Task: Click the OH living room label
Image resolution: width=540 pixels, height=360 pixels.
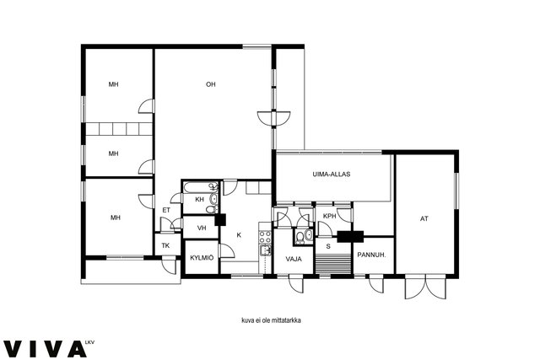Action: tap(210, 84)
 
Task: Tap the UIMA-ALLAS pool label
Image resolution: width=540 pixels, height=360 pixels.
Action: tap(332, 175)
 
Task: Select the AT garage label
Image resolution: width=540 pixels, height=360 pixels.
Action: tap(424, 218)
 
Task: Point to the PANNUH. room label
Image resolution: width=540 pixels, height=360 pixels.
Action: tap(371, 255)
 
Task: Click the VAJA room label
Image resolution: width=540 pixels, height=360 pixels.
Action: tap(294, 259)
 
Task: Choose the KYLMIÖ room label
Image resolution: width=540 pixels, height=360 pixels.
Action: tap(202, 258)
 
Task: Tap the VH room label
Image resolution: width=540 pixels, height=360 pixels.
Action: tap(202, 228)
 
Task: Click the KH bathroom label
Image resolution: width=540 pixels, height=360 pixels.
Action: tap(199, 199)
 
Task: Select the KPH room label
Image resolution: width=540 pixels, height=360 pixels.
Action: tap(330, 216)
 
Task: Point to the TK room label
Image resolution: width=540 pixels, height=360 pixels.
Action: tap(165, 245)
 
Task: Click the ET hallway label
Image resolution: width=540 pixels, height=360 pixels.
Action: tap(166, 210)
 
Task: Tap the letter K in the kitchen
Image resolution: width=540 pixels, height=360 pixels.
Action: tap(239, 235)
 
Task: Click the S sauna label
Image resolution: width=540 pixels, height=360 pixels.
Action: tap(328, 246)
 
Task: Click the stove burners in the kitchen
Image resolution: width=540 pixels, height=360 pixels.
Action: tap(265, 237)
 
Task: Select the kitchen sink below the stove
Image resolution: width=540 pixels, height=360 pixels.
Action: tap(265, 250)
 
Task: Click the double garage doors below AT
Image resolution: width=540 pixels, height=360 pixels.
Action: tap(425, 287)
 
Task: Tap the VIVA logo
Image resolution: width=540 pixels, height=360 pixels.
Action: tap(45, 349)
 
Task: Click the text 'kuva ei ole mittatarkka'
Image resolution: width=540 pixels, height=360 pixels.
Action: tap(272, 320)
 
